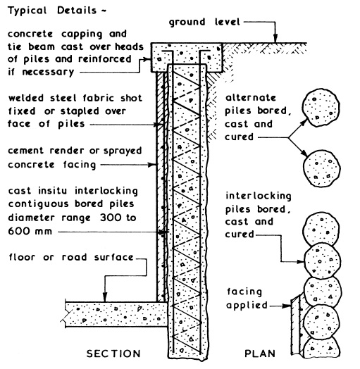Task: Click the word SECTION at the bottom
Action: [112, 353]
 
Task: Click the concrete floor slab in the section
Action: [113, 308]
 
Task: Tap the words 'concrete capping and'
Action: [60, 34]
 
